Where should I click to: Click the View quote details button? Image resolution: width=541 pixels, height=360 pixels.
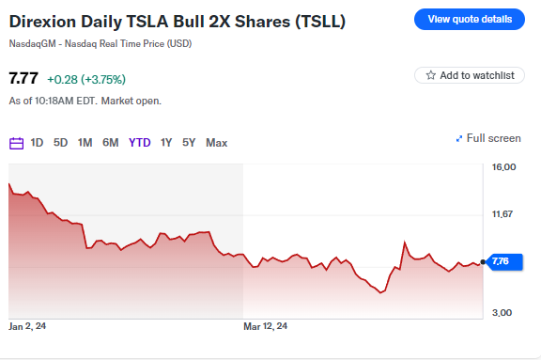(470, 19)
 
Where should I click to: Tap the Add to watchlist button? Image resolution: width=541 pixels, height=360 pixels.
(469, 75)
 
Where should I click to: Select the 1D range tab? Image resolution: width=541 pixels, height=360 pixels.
(37, 143)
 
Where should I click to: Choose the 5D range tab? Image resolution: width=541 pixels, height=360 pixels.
(60, 143)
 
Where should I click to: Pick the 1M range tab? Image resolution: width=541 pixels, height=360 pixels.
(85, 143)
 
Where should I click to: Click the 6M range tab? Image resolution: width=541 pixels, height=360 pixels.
(110, 143)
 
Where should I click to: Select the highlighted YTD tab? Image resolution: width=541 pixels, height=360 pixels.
(139, 143)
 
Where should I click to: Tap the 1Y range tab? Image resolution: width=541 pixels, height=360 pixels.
(166, 143)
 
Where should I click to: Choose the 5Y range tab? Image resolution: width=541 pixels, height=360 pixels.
(189, 143)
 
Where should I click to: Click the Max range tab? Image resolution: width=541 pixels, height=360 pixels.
(216, 143)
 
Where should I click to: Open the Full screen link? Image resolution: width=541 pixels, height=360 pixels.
(487, 138)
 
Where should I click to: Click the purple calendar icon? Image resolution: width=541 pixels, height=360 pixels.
(16, 143)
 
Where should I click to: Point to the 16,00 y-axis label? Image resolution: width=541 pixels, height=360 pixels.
(504, 167)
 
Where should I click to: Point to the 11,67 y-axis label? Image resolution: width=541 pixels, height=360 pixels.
(504, 215)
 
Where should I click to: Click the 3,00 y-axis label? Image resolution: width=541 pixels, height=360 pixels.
(502, 312)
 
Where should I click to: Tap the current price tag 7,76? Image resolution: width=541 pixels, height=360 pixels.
(500, 262)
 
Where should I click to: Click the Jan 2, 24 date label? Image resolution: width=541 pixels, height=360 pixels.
(27, 326)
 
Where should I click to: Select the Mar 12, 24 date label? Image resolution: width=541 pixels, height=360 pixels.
(266, 326)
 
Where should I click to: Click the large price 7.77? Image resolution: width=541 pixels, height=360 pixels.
(23, 79)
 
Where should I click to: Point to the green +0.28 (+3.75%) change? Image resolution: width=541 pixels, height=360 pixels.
(86, 80)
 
